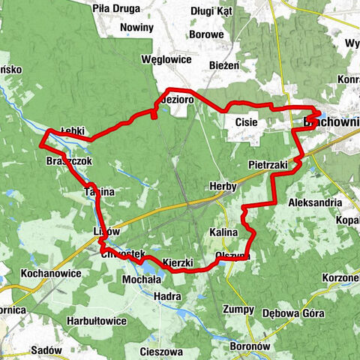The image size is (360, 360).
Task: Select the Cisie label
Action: [x=247, y=121]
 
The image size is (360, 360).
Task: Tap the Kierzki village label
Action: [x=178, y=263]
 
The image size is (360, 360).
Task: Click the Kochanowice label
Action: [x=51, y=274]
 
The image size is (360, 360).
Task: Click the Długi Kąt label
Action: [x=211, y=11]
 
